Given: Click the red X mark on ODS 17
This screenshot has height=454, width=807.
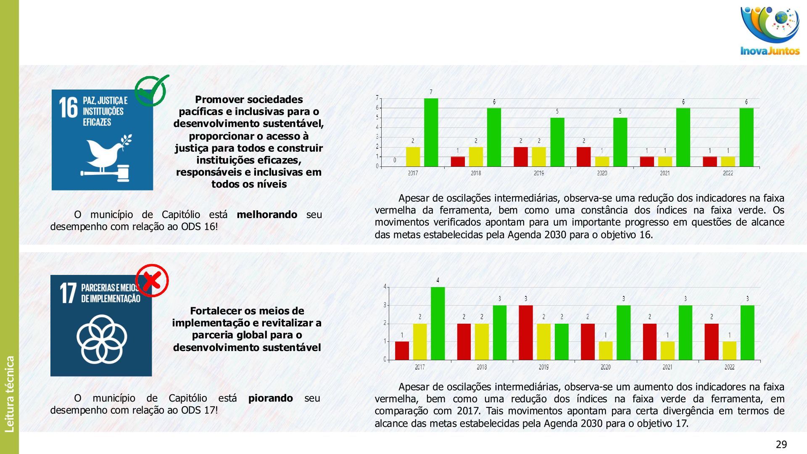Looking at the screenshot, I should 152,280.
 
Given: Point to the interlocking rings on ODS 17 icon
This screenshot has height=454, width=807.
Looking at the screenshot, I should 102,339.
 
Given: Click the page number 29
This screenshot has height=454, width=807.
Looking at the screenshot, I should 781,444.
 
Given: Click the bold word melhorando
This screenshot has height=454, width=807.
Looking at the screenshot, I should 267,215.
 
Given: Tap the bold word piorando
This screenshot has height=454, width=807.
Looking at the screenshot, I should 270,398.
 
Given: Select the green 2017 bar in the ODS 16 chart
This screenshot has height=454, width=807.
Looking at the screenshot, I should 431,132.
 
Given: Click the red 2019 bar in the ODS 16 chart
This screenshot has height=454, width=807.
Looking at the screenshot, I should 521,157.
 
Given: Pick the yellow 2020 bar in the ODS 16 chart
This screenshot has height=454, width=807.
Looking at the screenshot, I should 602,161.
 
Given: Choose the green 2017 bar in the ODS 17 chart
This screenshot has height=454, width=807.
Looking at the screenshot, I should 438,323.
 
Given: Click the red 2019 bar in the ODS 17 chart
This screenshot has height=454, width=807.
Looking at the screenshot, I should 525,333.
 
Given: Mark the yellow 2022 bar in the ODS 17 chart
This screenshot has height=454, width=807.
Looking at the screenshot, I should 729,351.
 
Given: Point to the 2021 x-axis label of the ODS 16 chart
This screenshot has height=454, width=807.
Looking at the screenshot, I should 665,173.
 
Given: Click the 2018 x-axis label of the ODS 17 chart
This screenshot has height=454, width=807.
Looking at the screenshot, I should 482,367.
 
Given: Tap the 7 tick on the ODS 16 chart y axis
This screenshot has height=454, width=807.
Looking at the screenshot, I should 377,98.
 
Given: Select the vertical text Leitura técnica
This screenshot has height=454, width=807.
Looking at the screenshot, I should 10,394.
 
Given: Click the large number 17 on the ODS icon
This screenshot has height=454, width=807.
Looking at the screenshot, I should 68,293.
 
